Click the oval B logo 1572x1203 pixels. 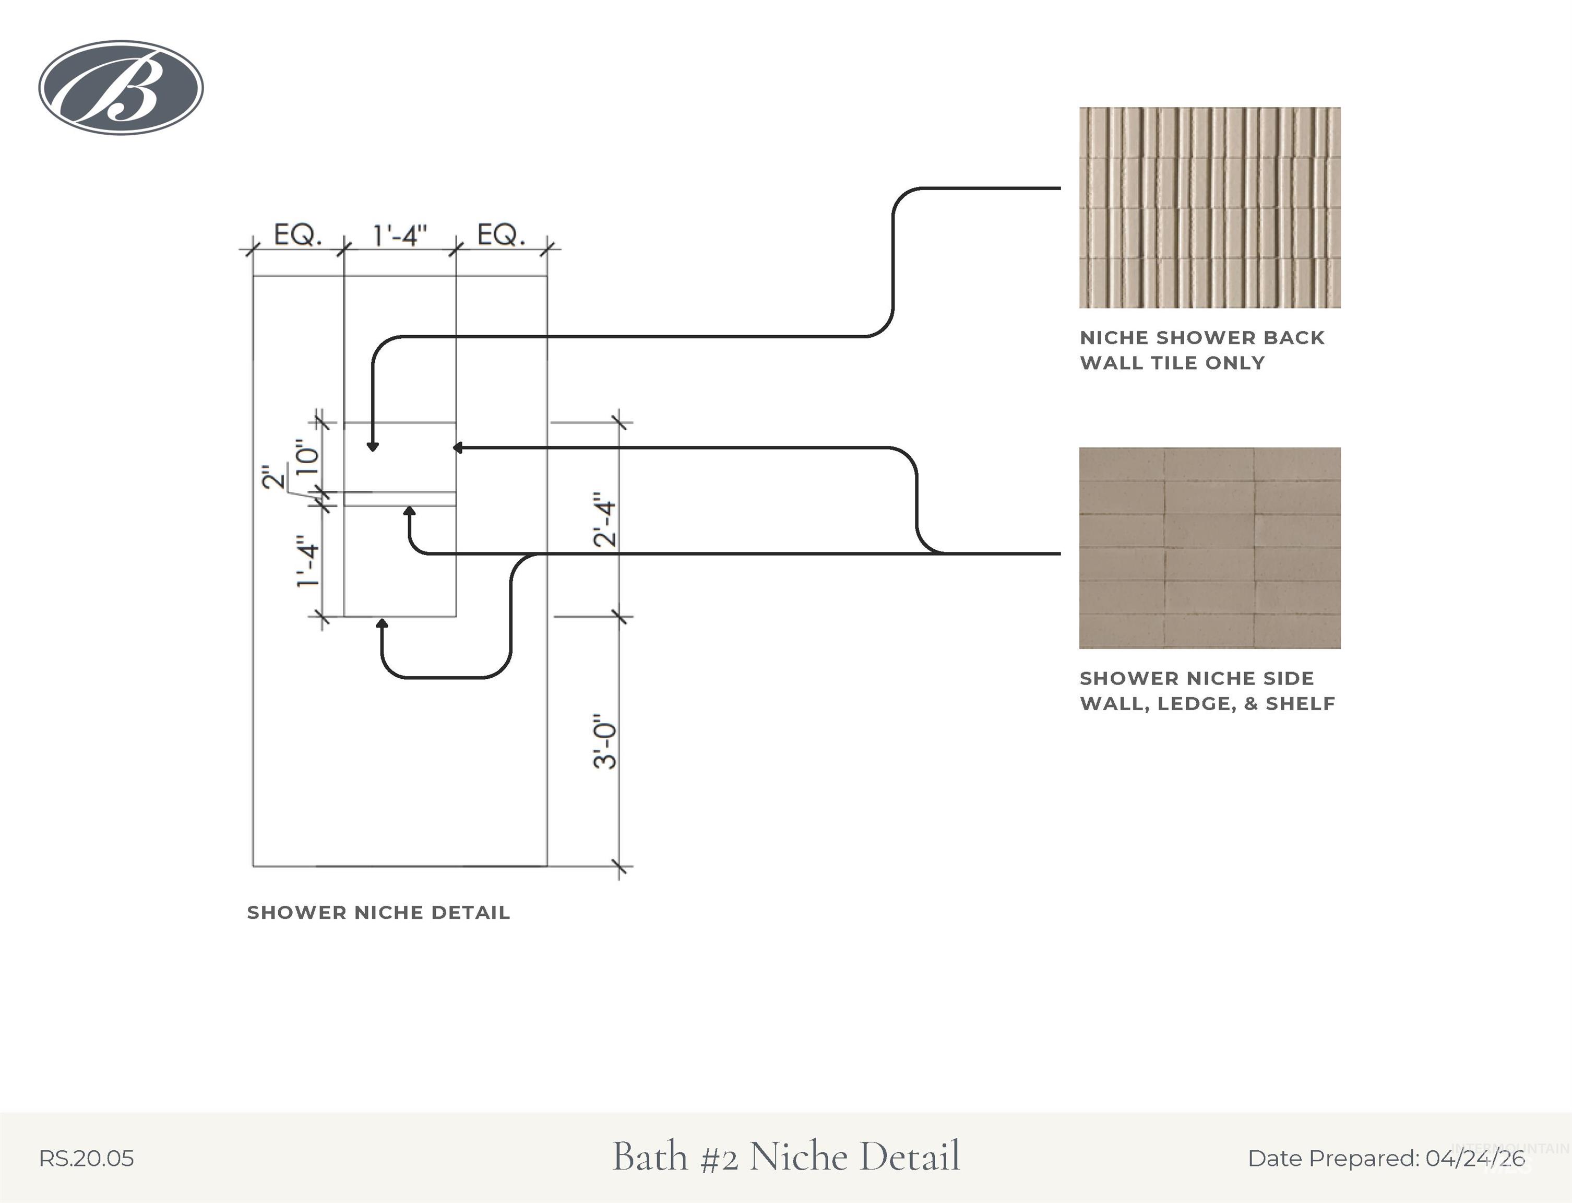tap(121, 87)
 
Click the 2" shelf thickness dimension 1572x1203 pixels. tap(273, 477)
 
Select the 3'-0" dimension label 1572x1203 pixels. tap(605, 741)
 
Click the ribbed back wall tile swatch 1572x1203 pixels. tap(1210, 208)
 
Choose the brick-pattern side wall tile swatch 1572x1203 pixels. tap(1210, 548)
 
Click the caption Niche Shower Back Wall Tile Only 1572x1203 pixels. tap(1202, 350)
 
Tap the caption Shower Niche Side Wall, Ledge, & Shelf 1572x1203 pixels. tap(1207, 691)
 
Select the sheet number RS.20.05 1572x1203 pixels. tap(86, 1159)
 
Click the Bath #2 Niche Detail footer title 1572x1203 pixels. tap(786, 1157)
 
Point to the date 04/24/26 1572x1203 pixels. tap(1475, 1159)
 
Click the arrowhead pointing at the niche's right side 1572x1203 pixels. tap(457, 447)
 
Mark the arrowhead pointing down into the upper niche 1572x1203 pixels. tap(372, 447)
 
